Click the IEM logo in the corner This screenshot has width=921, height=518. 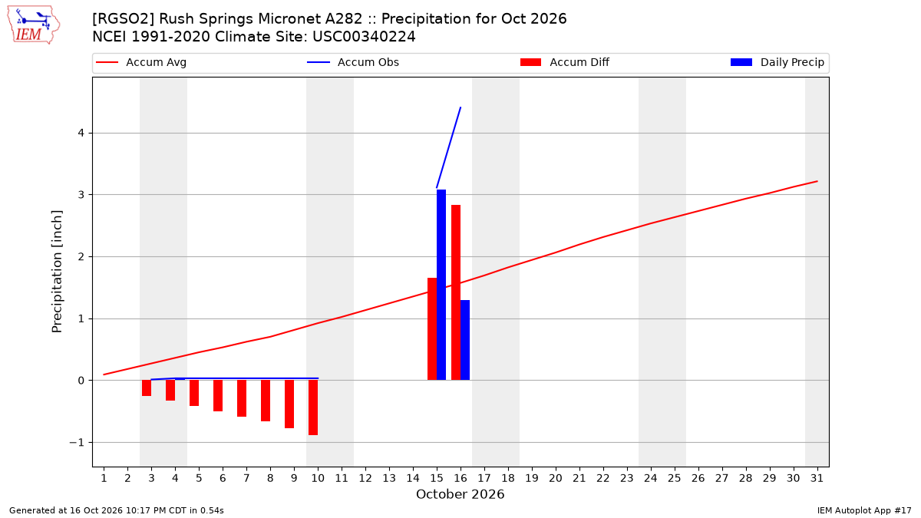point(34,25)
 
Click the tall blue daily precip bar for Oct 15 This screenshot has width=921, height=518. point(441,285)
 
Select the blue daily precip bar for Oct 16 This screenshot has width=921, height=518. point(465,340)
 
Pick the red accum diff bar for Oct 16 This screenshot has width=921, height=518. point(456,292)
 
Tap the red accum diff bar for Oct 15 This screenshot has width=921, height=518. point(432,329)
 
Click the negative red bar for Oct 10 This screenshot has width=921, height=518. point(313,407)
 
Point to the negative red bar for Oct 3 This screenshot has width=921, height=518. point(147,388)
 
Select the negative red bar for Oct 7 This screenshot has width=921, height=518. point(242,398)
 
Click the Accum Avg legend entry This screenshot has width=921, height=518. point(141,62)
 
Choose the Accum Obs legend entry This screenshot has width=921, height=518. point(353,62)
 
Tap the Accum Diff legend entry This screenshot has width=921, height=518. point(565,62)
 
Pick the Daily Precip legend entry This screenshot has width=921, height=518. point(777,62)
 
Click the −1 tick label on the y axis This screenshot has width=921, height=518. point(77,442)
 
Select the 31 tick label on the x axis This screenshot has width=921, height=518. point(817,478)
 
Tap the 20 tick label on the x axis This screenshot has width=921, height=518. point(556,478)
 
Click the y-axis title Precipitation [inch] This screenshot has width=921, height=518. point(57,272)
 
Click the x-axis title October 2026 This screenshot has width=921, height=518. point(460,494)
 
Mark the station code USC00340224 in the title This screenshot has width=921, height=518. point(364,37)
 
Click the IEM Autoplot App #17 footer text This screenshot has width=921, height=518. point(864,510)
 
